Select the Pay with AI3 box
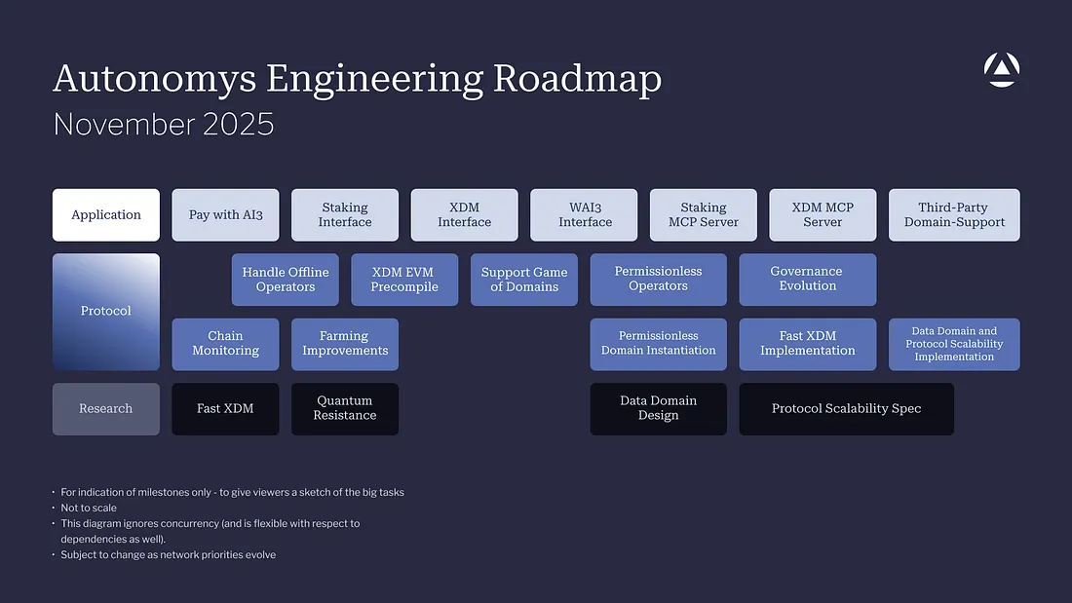pyautogui.click(x=225, y=214)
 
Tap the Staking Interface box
pyautogui.click(x=345, y=214)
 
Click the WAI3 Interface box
pyautogui.click(x=584, y=214)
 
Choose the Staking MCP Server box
pyautogui.click(x=704, y=214)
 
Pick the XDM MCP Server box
pyautogui.click(x=823, y=214)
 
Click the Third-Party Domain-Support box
pyautogui.click(x=954, y=214)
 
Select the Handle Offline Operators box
pyautogui.click(x=286, y=280)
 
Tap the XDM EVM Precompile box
pyautogui.click(x=404, y=280)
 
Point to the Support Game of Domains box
pyautogui.click(x=524, y=280)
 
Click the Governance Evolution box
pyautogui.click(x=807, y=280)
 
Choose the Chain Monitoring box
pyautogui.click(x=225, y=344)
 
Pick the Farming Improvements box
pyautogui.click(x=345, y=344)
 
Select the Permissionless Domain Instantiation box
pyautogui.click(x=658, y=344)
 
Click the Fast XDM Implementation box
pyautogui.click(x=807, y=344)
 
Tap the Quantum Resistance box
pyautogui.click(x=345, y=408)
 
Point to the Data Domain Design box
pyautogui.click(x=658, y=408)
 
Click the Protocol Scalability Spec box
pyautogui.click(x=846, y=408)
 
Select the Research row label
pyautogui.click(x=106, y=408)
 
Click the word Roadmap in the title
pyautogui.click(x=578, y=79)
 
